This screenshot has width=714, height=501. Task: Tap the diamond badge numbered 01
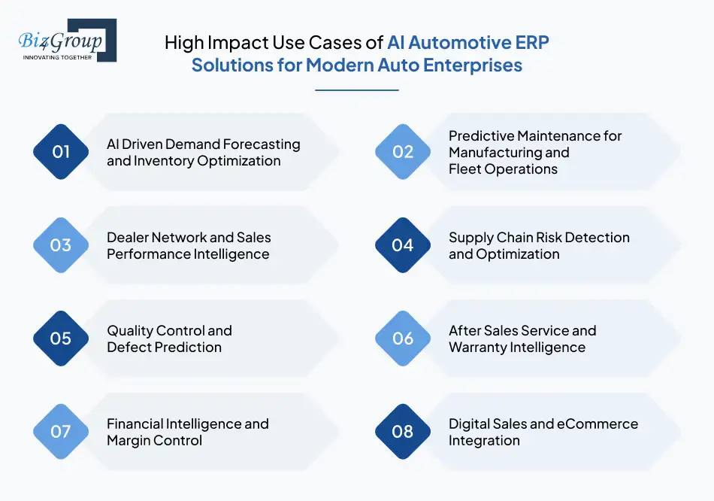(x=61, y=152)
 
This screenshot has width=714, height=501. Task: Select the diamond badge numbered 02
(x=403, y=152)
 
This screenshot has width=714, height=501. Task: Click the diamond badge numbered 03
(x=61, y=245)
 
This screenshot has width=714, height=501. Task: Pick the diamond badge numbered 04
(x=403, y=245)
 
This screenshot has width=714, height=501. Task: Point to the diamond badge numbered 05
(x=61, y=339)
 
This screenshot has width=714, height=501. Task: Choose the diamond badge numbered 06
(x=403, y=339)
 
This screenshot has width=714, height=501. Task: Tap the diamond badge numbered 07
(x=61, y=432)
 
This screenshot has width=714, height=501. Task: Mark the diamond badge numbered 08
(x=403, y=432)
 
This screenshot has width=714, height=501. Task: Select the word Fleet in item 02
(x=467, y=169)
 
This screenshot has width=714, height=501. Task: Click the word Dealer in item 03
(x=129, y=237)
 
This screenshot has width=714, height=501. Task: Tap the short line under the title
(x=356, y=90)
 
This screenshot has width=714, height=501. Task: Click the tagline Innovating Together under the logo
(x=57, y=57)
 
